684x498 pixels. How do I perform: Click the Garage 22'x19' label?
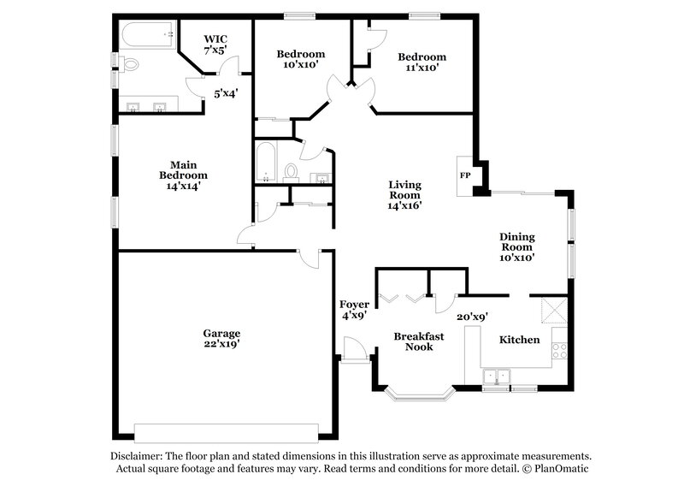[221, 338]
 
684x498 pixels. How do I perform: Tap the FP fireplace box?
[465, 175]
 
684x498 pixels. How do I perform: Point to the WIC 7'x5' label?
[215, 44]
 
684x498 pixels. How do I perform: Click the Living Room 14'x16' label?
[404, 194]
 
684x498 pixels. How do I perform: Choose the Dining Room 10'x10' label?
[517, 246]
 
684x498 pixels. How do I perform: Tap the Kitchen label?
[519, 340]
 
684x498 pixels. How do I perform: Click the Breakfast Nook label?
[418, 341]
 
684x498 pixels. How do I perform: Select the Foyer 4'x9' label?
[354, 310]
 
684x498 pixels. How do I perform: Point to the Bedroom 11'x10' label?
[422, 62]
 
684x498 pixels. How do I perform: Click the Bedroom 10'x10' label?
[298, 59]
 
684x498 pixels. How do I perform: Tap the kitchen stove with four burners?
[560, 349]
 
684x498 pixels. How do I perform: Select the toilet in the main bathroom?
[130, 64]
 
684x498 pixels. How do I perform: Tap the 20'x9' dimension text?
[471, 317]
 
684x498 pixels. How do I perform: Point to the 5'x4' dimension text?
[225, 93]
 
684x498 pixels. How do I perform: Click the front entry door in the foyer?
[352, 349]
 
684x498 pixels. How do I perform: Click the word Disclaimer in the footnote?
[139, 456]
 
